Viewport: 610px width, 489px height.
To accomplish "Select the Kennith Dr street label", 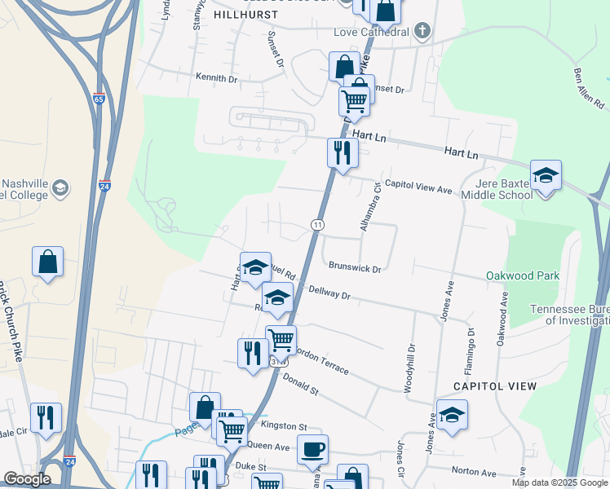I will [215, 79].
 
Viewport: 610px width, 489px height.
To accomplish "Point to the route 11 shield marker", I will [317, 224].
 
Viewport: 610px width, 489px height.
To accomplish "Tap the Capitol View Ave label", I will [418, 189].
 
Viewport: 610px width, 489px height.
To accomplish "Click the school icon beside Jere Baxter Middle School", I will [545, 175].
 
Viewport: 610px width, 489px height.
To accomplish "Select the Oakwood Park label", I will [523, 276].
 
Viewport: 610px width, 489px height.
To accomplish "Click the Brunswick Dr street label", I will [356, 266].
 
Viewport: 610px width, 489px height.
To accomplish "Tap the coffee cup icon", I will [312, 448].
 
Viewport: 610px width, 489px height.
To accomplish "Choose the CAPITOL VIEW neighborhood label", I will [494, 385].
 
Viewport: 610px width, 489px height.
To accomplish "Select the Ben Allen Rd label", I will [589, 88].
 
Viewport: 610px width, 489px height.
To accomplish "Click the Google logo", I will [27, 478].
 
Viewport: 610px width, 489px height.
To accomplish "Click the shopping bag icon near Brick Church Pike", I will [48, 262].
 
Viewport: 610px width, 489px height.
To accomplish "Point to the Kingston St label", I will [283, 426].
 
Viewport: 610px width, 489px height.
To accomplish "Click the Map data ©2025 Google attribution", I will [559, 482].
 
